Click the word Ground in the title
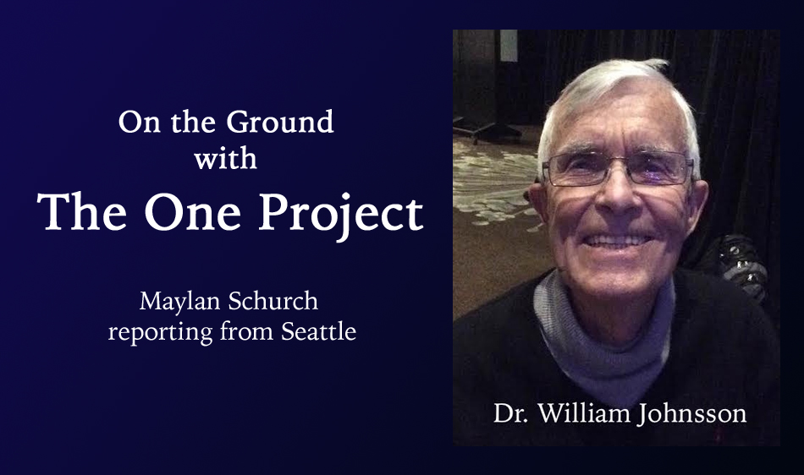280,122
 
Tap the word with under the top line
226,158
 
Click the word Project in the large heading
341,215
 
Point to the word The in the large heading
82,211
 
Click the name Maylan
179,302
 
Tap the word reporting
161,333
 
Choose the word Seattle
318,331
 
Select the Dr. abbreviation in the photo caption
510,413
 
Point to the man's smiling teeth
617,241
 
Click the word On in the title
139,123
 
